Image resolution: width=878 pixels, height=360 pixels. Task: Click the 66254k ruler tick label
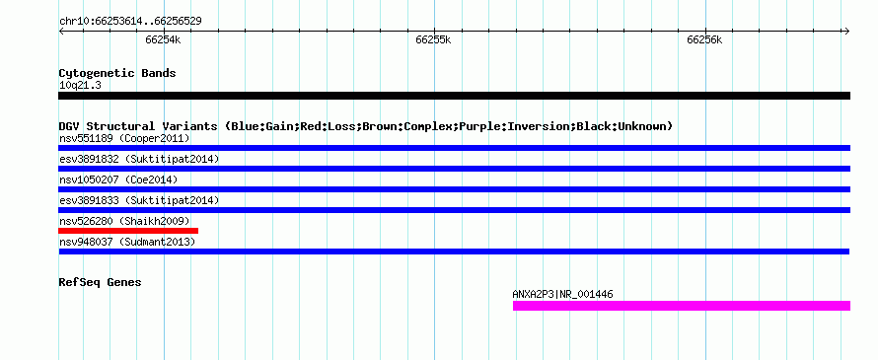point(163,40)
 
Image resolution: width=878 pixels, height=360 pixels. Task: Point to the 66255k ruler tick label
point(433,40)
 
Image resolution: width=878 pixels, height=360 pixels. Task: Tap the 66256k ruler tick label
point(704,40)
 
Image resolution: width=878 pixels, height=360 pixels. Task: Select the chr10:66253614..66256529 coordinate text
point(130,22)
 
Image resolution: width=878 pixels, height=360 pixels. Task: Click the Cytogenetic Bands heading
point(117,73)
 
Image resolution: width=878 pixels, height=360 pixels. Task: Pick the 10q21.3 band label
point(80,86)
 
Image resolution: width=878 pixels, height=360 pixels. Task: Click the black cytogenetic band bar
point(454,96)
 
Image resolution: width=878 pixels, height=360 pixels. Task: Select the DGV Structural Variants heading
point(366,126)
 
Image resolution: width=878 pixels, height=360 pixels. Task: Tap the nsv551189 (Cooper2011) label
point(124,138)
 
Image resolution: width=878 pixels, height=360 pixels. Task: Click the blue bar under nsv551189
point(454,148)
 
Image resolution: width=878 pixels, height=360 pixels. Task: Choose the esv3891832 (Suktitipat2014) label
point(139,159)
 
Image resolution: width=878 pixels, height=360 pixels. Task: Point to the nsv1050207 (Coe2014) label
point(118,180)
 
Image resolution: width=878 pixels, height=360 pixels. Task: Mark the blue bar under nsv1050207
point(454,189)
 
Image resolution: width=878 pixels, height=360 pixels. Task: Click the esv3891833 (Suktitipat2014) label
point(139,200)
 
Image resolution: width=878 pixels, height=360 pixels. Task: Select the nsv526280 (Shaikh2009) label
point(124,221)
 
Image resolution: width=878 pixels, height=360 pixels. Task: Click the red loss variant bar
point(128,231)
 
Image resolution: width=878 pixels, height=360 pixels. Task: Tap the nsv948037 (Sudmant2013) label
point(127,242)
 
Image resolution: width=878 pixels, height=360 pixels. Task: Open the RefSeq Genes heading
point(101,282)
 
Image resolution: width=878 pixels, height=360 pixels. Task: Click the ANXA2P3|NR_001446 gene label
point(562,294)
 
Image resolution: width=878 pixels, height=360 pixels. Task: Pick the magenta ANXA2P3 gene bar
point(682,306)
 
